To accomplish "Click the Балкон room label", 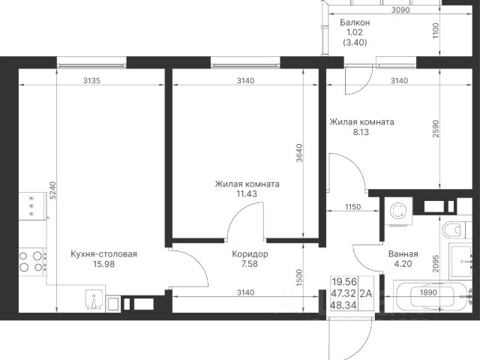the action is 355,22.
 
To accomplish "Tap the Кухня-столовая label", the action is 103,254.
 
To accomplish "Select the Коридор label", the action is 250,254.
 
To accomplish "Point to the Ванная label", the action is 403,254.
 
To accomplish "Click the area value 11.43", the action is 247,193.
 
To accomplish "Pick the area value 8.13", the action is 361,132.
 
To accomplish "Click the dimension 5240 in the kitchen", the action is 53,190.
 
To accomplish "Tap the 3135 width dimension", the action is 91,80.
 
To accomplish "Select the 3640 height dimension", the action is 299,153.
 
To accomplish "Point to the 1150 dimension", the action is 353,207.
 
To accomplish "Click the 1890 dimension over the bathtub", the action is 428,292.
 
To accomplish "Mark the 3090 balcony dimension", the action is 400,10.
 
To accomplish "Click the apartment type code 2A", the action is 366,293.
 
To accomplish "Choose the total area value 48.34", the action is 344,305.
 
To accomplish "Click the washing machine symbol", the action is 398,211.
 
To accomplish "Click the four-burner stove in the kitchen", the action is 31,261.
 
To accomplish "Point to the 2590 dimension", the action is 436,128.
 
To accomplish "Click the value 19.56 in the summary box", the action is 344,281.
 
